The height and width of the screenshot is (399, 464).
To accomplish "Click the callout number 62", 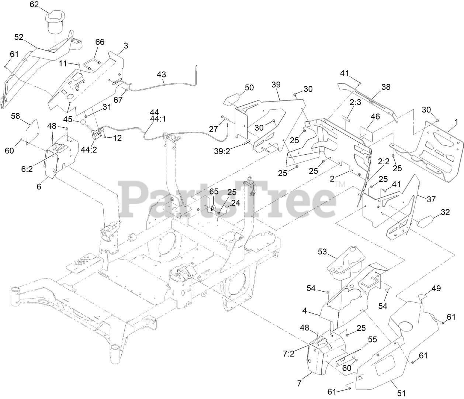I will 34,4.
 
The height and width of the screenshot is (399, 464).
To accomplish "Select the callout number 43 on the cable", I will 161,75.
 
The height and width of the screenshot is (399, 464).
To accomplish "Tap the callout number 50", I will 249,87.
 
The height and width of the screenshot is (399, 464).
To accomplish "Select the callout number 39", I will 276,85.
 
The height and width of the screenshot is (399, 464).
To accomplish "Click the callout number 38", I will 386,87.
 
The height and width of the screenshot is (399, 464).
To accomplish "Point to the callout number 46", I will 375,117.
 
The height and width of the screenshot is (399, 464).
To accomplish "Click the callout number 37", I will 431,199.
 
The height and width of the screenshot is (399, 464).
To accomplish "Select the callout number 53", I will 323,252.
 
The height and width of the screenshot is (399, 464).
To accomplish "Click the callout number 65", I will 214,191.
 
